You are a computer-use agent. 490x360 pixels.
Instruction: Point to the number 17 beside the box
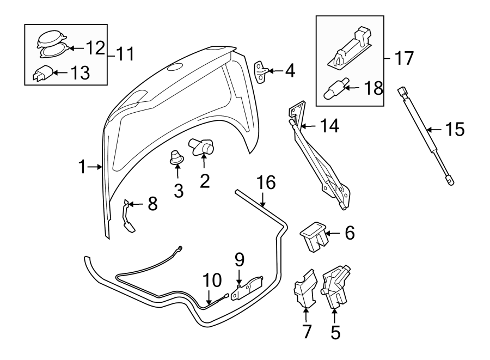pyautogui.click(x=403, y=58)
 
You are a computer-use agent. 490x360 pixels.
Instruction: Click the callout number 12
pyautogui.click(x=94, y=48)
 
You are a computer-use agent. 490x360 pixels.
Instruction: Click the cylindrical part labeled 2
pyautogui.click(x=203, y=147)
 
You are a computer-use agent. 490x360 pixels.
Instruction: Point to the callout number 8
pyautogui.click(x=152, y=204)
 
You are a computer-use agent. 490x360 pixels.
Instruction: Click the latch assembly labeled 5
pyautogui.click(x=336, y=287)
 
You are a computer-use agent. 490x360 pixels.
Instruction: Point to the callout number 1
pyautogui.click(x=82, y=167)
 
